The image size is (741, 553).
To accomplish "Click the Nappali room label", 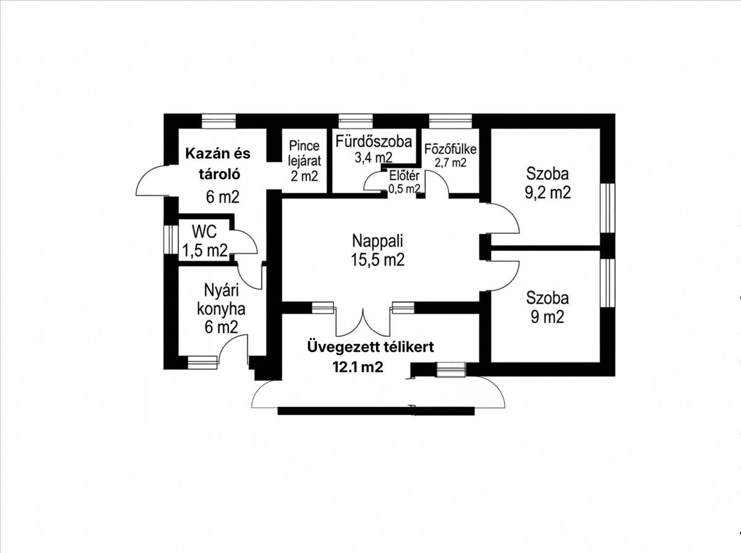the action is pyautogui.click(x=377, y=241).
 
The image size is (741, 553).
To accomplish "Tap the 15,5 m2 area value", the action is pyautogui.click(x=377, y=260).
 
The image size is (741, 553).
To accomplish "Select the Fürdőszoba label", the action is pyautogui.click(x=374, y=141).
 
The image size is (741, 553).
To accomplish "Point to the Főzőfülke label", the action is pyautogui.click(x=450, y=149).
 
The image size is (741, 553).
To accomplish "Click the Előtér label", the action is pyautogui.click(x=404, y=175).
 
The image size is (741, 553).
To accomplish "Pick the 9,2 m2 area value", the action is pyautogui.click(x=548, y=193).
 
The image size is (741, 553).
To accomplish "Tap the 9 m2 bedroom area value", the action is pyautogui.click(x=547, y=317).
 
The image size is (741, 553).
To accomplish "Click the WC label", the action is pyautogui.click(x=204, y=232).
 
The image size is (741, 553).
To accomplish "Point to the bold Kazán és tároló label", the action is pyautogui.click(x=219, y=164).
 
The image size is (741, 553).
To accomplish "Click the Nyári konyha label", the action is pyautogui.click(x=221, y=300).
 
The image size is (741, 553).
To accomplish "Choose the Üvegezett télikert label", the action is pyautogui.click(x=371, y=347).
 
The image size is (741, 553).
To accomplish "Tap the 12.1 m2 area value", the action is pyautogui.click(x=358, y=367).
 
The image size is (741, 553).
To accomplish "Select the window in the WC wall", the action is pyautogui.click(x=171, y=239).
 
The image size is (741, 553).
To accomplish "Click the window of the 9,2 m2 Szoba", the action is pyautogui.click(x=608, y=208).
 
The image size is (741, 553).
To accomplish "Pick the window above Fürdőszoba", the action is pyautogui.click(x=356, y=122).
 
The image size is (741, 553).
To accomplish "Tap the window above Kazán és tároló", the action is pyautogui.click(x=219, y=122).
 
